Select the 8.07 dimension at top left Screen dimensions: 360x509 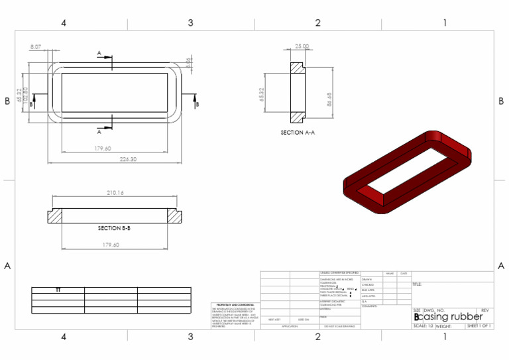click(36, 47)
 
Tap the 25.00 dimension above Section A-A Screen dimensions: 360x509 click(302, 47)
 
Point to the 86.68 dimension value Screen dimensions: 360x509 click(329, 99)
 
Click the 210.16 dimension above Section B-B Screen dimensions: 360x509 click(115, 193)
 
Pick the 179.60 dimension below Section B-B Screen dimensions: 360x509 click(111, 245)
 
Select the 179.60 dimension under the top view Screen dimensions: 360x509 click(103, 149)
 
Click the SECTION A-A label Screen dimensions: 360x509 click(298, 133)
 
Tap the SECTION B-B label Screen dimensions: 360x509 click(114, 228)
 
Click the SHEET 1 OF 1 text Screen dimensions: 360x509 click(479, 326)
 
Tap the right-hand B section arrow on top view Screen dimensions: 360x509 click(196, 100)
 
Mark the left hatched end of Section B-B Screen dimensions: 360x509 click(54, 217)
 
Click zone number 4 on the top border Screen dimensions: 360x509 click(64, 23)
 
